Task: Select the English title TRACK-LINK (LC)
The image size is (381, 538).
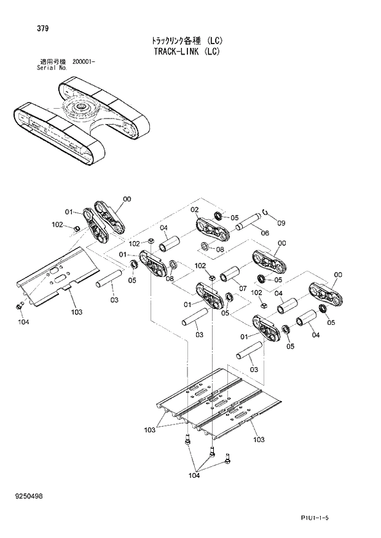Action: (187, 52)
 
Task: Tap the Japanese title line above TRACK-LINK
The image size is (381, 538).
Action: (187, 41)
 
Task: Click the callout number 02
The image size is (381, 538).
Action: (194, 210)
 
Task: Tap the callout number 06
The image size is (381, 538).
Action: (265, 233)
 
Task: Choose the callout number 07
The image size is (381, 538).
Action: (242, 289)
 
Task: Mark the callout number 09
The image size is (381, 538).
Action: (281, 222)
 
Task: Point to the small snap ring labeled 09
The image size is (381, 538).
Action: (265, 212)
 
